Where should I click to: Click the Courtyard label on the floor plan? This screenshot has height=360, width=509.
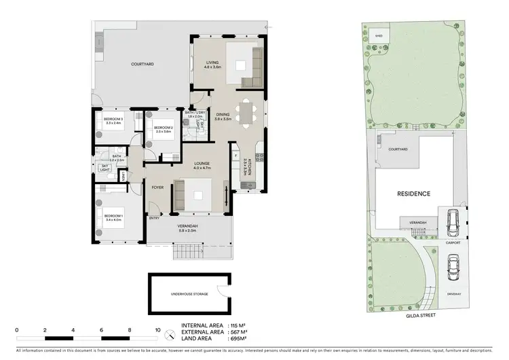tap(143, 65)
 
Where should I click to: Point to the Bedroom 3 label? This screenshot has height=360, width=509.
tap(113, 121)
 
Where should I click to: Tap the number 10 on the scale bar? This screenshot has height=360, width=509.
tap(158, 330)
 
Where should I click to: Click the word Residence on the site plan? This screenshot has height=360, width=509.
tap(413, 194)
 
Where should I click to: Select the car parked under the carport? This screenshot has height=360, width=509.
tap(453, 221)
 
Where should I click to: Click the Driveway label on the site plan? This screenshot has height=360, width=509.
tap(454, 294)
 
